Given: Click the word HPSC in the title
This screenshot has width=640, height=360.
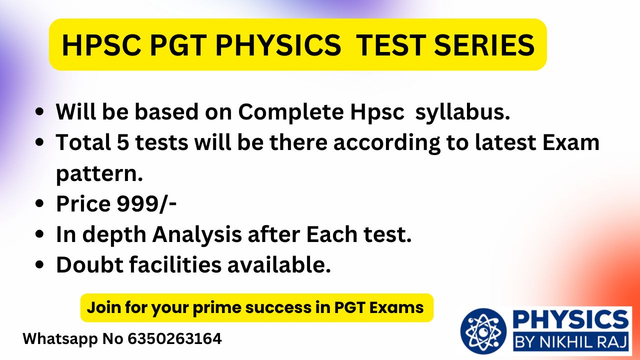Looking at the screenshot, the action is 101,45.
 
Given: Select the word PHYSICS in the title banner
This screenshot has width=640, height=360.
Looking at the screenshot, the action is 278,45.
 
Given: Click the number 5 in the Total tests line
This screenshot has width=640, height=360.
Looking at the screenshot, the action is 123,142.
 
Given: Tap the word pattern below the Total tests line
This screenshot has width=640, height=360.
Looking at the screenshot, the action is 99,173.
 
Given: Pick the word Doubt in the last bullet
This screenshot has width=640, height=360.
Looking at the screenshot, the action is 89,264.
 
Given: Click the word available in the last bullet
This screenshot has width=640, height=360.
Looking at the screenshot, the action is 279,264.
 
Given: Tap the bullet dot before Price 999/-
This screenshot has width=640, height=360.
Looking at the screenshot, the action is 39,203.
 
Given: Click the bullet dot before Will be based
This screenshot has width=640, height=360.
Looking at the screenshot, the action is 39,111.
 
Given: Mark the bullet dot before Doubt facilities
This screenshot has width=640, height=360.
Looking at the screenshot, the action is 39,264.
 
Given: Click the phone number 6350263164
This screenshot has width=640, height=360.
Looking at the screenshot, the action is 174,338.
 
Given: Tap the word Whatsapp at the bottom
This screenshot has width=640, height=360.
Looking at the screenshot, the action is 60,339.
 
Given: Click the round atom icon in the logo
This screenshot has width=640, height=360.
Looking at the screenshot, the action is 483,331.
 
